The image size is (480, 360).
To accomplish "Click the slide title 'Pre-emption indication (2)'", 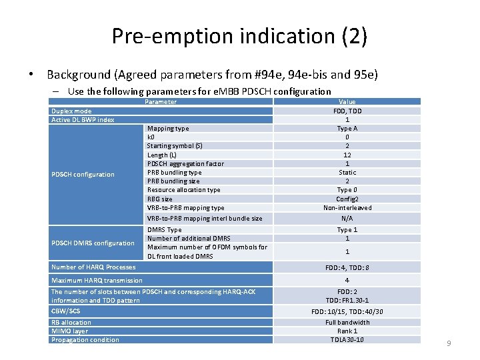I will coord(239,36).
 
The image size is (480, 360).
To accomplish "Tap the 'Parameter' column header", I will coord(161,102).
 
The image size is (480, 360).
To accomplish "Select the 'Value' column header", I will coord(347,102).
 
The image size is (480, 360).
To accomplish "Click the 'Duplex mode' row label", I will coord(72,111).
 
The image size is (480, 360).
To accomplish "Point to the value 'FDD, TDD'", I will coord(347,111).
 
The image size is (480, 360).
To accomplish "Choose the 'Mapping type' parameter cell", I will coord(168,129).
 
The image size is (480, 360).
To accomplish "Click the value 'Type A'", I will coord(347,129).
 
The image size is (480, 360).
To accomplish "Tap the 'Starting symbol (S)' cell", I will coord(175,146).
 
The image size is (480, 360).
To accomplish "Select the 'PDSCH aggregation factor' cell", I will coord(185,163).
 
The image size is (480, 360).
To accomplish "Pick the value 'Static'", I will coord(347,173).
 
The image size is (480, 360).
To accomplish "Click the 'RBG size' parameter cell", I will coord(160,199).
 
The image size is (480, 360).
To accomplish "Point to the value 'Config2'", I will coord(347,199).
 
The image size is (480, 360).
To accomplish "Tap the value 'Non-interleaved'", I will coord(347,207).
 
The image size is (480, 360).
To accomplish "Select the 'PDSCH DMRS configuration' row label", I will coord(93,243).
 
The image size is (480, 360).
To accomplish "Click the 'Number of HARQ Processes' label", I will coord(93,267).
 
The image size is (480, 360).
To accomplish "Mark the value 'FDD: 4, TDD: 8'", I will coord(347,267).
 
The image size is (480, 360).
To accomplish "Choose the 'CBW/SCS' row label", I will coord(65,311).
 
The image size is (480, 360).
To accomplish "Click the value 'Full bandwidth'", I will coord(347,323).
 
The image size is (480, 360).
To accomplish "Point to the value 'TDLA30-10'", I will coord(347,340).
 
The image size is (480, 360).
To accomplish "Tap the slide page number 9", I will coord(449,343).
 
